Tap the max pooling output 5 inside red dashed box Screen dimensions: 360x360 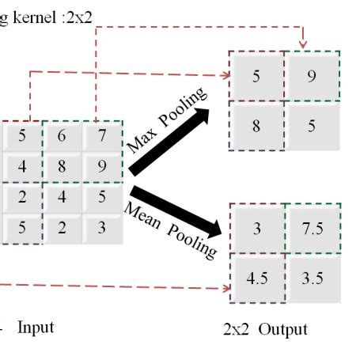coord(256,77)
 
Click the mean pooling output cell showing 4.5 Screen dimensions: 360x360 coord(256,278)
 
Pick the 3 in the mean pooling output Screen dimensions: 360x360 coord(256,229)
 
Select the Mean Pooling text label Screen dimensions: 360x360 coord(170,229)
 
